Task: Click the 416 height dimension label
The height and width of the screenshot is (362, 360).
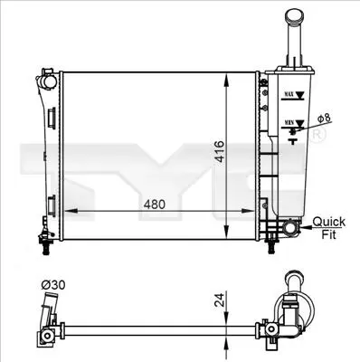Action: coord(221,151)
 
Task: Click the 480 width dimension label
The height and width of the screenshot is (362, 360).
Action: coord(155,205)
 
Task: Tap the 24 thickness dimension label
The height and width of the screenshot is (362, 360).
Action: coord(220,300)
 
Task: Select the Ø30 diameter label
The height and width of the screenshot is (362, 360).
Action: coord(53,285)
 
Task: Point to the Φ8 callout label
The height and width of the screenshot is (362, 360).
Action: coord(324,119)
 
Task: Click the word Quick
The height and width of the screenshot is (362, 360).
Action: coord(329,222)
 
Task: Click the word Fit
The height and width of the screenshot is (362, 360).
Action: coord(328,234)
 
